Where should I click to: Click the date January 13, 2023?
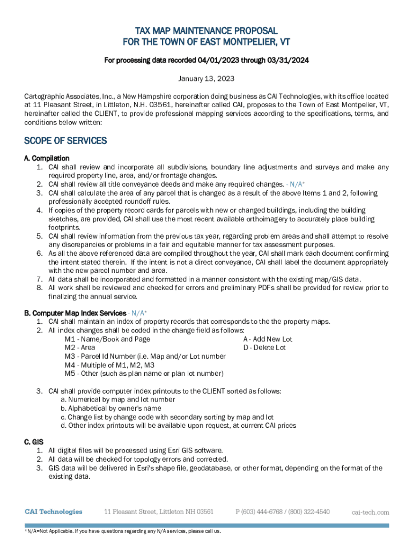[206, 79]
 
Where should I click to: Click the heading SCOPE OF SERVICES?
[65, 141]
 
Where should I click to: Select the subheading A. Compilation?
[47, 158]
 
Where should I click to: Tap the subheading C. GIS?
[34, 442]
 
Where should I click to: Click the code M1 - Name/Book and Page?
[107, 339]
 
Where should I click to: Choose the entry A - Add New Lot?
[268, 339]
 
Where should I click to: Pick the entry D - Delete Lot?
[264, 347]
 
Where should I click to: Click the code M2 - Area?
[80, 347]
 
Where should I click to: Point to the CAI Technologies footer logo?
[54, 511]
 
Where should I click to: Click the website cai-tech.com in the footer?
[370, 512]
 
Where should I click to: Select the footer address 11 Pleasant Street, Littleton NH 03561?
[159, 511]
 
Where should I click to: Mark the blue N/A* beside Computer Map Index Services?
[138, 313]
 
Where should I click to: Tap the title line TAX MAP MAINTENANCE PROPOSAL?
[206, 31]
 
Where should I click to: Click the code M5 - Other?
[144, 373]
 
